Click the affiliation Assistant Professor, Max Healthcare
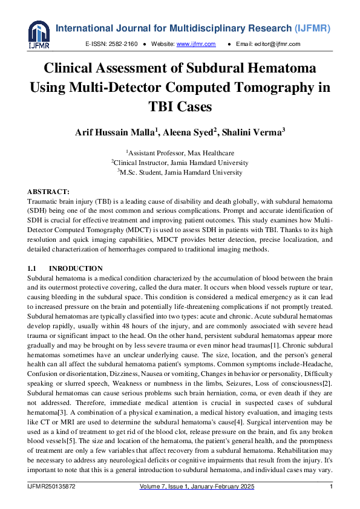click(x=180, y=153)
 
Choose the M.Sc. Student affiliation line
click(x=180, y=172)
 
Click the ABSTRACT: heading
click(x=52, y=190)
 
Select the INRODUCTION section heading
click(x=76, y=268)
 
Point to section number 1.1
click(x=33, y=268)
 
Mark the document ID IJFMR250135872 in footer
click(x=53, y=487)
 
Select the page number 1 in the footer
click(x=331, y=487)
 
